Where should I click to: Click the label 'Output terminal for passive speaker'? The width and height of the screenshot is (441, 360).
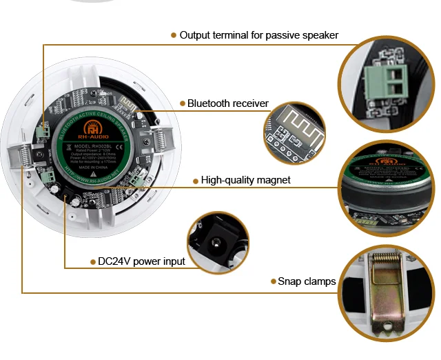tap(258, 34)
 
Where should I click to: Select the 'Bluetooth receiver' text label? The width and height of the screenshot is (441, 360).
tap(227, 103)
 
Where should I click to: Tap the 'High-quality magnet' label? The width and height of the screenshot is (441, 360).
tap(245, 180)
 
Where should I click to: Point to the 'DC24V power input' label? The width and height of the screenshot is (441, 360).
tap(141, 261)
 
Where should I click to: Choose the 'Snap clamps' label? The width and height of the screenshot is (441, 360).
tap(307, 281)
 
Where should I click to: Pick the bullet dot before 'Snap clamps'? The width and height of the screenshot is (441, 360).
tap(272, 281)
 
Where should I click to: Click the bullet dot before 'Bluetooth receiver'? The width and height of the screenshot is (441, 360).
tap(183, 103)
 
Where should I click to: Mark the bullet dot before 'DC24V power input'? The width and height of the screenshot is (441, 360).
tap(92, 261)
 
